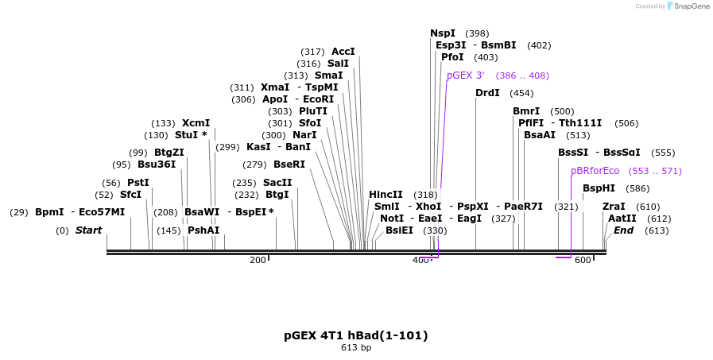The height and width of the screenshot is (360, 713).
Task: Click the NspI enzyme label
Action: (443, 33)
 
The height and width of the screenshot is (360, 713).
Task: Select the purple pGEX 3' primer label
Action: (465, 75)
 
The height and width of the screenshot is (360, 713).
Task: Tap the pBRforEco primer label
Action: (595, 171)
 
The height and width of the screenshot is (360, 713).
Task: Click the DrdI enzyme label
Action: (487, 93)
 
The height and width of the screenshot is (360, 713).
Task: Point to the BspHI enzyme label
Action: (599, 188)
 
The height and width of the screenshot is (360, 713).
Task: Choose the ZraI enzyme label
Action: (614, 207)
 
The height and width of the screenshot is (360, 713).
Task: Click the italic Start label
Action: (88, 230)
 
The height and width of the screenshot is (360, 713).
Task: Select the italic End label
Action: (623, 230)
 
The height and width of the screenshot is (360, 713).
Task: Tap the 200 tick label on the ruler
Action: (258, 261)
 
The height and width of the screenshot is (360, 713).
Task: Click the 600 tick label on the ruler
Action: (583, 261)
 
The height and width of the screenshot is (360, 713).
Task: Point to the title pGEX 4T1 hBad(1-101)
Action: (356, 335)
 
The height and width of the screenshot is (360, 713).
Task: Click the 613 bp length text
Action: (356, 348)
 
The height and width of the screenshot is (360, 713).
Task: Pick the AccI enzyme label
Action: (343, 52)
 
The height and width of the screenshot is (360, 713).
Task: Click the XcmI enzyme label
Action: (196, 123)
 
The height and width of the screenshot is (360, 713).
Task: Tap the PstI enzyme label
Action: (138, 183)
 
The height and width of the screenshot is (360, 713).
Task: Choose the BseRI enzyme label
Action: (289, 165)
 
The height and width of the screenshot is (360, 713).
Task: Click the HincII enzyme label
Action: (386, 195)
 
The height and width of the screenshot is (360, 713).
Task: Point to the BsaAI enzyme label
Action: (540, 135)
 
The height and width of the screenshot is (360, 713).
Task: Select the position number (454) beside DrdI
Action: (521, 93)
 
